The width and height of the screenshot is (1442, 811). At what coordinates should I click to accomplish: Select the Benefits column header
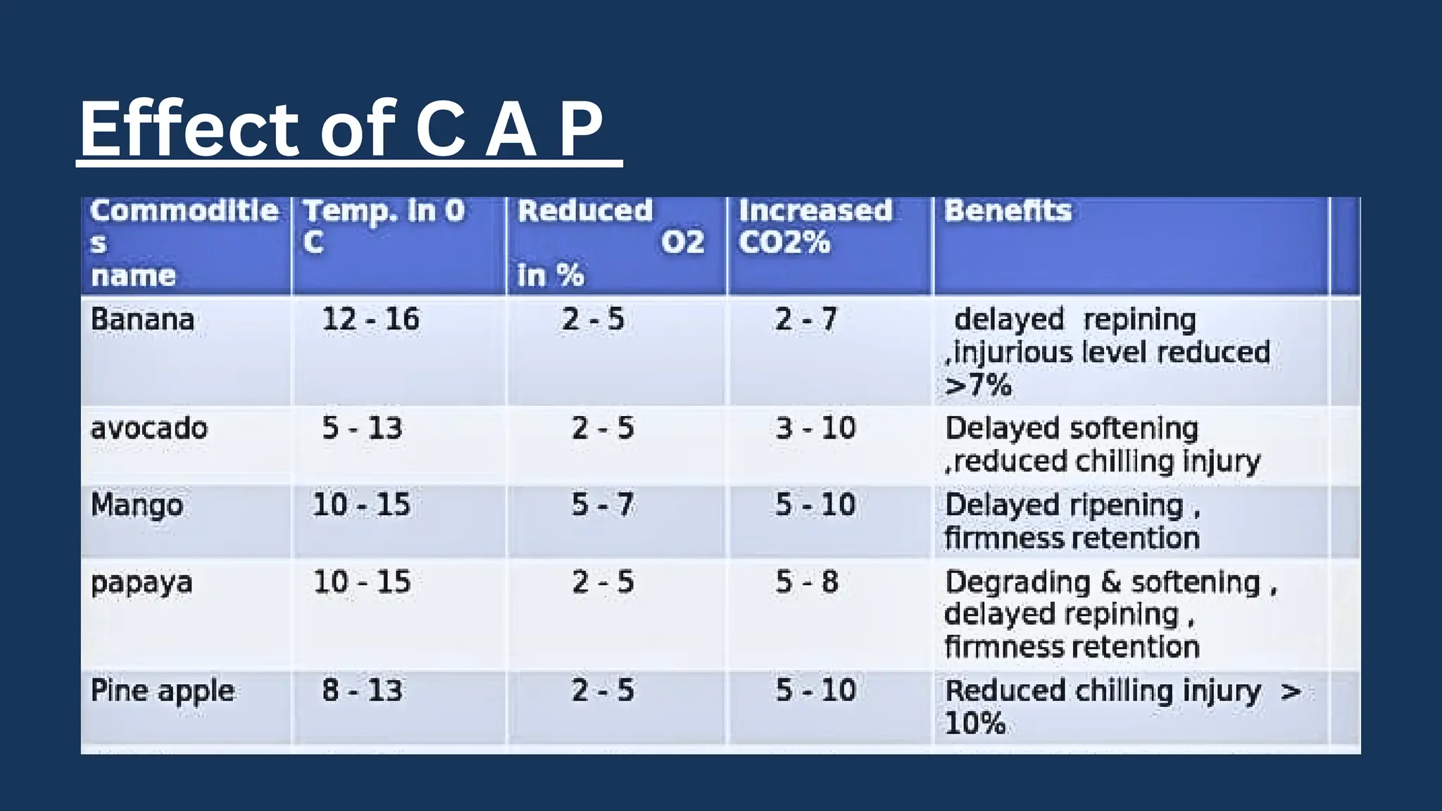pyautogui.click(x=1008, y=210)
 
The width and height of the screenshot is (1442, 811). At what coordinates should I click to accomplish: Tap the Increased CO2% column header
pyautogui.click(x=815, y=226)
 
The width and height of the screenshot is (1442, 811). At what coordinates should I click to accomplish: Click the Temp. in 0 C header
pyautogui.click(x=383, y=226)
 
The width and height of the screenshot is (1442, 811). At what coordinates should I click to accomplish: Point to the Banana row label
pyautogui.click(x=142, y=320)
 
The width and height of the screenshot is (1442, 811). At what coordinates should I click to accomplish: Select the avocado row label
pyautogui.click(x=149, y=428)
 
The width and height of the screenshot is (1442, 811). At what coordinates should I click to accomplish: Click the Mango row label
pyautogui.click(x=137, y=505)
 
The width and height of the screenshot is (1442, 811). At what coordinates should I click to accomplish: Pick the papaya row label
pyautogui.click(x=141, y=583)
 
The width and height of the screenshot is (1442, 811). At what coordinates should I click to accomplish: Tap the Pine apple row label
pyautogui.click(x=162, y=691)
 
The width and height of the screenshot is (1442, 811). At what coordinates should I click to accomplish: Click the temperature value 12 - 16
pyautogui.click(x=370, y=320)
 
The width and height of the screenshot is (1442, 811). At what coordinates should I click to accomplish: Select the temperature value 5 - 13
pyautogui.click(x=362, y=428)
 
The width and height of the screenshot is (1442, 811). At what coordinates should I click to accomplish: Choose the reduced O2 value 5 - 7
pyautogui.click(x=603, y=505)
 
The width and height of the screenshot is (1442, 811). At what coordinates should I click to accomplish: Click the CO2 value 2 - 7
pyautogui.click(x=806, y=320)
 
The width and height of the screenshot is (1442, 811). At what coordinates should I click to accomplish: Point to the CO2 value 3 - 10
pyautogui.click(x=815, y=428)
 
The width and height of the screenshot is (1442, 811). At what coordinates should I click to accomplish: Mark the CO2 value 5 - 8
pyautogui.click(x=807, y=582)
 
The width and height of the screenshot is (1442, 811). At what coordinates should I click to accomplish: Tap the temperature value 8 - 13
pyautogui.click(x=362, y=690)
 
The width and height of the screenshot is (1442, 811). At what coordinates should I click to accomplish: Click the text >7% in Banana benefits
pyautogui.click(x=978, y=386)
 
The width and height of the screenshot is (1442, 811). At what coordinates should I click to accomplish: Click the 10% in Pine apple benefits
pyautogui.click(x=974, y=724)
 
